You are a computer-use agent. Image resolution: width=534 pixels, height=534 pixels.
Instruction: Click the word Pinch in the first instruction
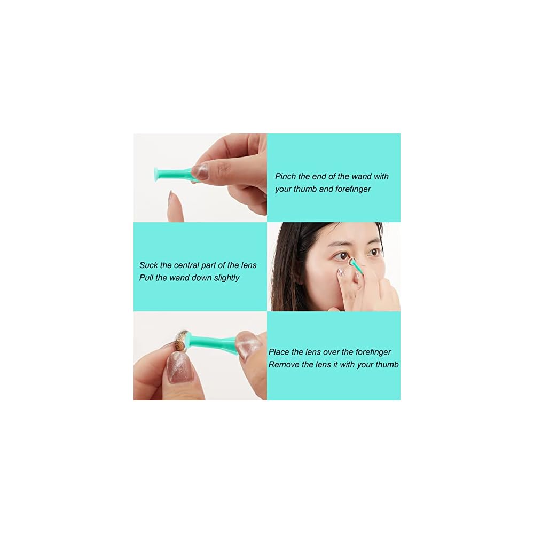tap(285, 176)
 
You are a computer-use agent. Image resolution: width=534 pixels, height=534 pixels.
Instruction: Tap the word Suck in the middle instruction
tap(148, 265)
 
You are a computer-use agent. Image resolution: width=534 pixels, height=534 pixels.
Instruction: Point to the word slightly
tap(226, 278)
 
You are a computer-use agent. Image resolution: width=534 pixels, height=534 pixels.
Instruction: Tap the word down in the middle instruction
tap(202, 278)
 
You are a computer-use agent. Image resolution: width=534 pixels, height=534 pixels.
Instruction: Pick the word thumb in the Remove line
tap(388, 364)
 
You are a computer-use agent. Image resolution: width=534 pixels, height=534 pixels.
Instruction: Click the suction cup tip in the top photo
tap(157, 174)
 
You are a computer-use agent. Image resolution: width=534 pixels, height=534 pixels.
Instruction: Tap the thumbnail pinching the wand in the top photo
tap(200, 171)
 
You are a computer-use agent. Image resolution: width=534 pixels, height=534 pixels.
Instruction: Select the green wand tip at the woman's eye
tap(352, 262)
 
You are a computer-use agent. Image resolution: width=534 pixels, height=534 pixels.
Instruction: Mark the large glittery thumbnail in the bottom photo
tap(179, 367)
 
